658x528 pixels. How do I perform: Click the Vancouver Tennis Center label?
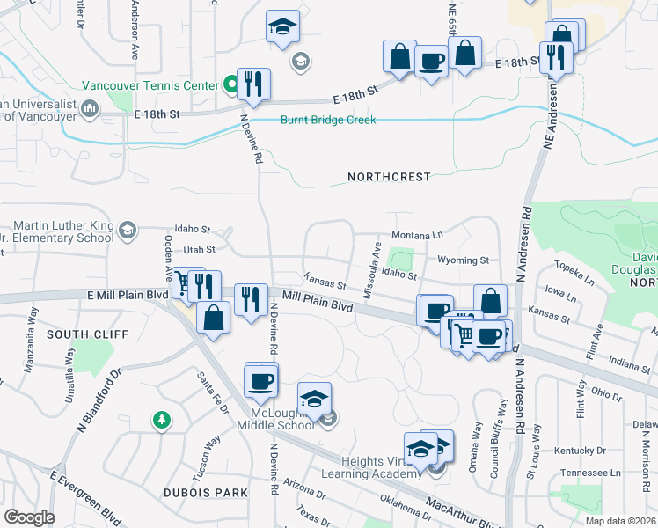tap(150, 85)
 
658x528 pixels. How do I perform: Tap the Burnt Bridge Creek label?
tap(328, 120)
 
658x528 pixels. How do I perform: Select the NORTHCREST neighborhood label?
tap(389, 177)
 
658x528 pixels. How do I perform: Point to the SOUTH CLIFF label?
tap(87, 335)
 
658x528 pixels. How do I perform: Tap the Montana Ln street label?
tap(417, 236)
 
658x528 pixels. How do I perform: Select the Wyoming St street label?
tap(463, 260)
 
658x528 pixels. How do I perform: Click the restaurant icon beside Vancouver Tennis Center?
tap(253, 84)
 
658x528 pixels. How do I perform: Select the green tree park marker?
tap(160, 418)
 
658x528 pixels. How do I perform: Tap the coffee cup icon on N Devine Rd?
tap(261, 382)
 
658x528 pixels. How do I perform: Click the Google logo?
tap(29, 517)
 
